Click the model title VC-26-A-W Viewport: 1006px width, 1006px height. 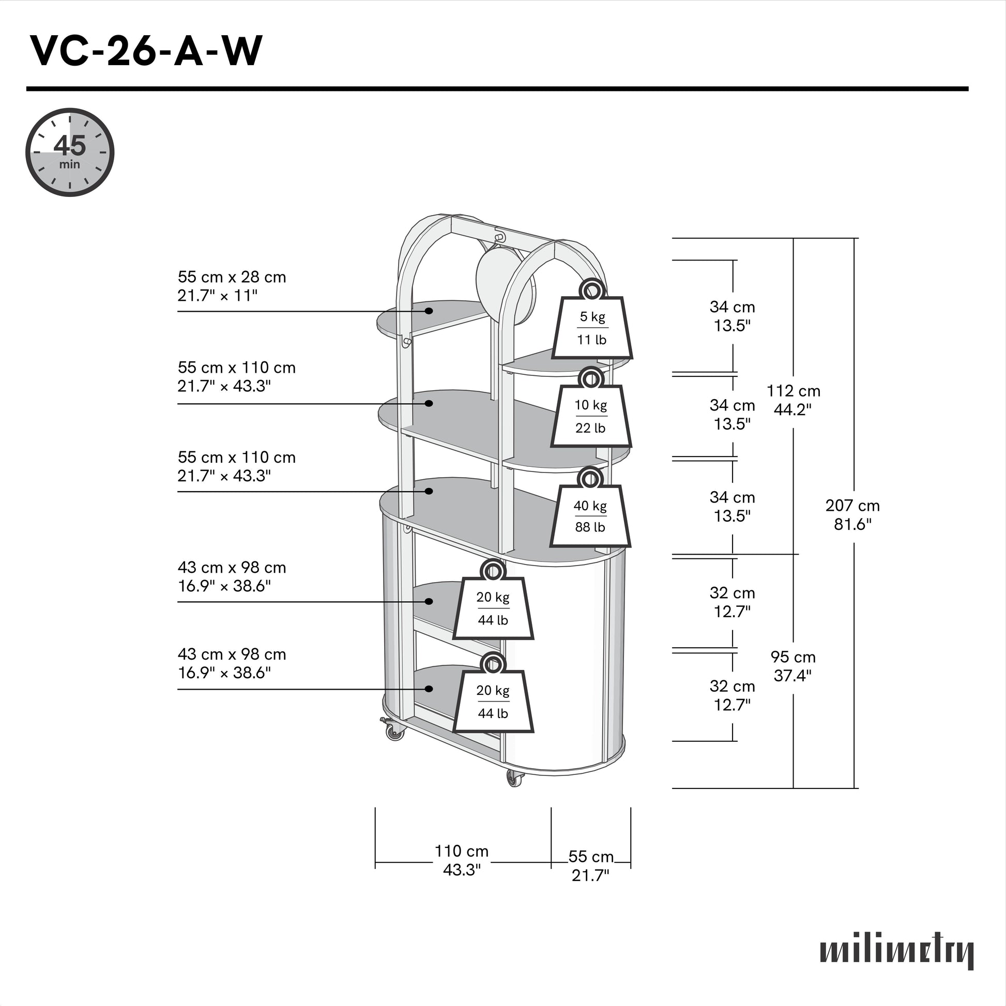146,51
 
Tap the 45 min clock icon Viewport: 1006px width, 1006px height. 70,152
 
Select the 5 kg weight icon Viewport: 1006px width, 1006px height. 592,323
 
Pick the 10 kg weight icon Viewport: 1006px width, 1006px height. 591,412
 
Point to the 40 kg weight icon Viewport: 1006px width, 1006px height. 590,512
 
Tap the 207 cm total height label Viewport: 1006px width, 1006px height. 852,514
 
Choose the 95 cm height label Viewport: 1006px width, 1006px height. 793,666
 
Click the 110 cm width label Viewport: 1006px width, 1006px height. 462,860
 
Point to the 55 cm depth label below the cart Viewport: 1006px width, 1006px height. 591,865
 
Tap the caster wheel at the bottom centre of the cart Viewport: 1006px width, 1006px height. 515,778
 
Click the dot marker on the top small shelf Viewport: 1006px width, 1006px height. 429,311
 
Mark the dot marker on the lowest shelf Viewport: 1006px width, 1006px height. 429,689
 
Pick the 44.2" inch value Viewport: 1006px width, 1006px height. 792,410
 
